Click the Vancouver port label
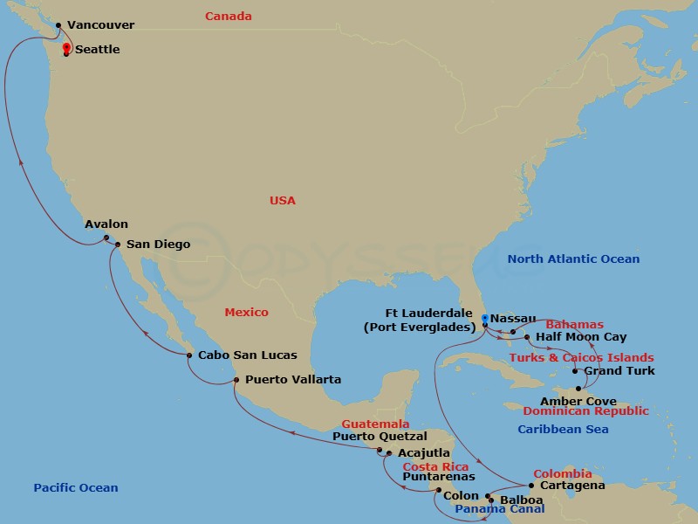100,26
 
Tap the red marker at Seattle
66,50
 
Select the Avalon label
106,224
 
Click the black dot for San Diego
118,245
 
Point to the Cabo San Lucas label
248,355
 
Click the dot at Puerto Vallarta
236,379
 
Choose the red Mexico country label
247,313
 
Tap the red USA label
283,201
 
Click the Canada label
229,17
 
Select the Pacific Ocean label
76,488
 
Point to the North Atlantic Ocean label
574,259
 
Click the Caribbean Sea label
563,430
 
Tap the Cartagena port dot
532,486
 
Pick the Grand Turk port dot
575,372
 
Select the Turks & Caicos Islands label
581,358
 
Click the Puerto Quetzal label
380,437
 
